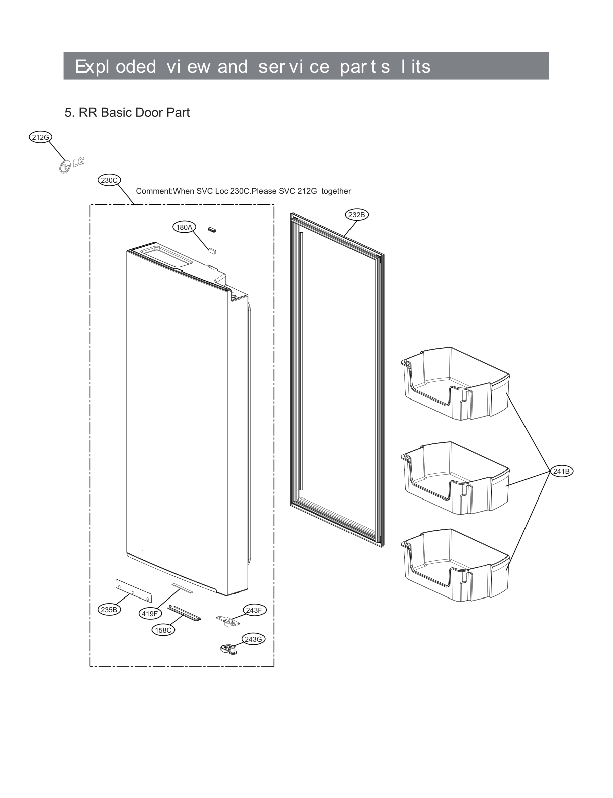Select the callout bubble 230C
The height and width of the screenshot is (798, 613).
click(109, 180)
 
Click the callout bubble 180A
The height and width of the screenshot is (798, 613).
click(184, 227)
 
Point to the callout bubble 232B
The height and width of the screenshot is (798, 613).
click(357, 215)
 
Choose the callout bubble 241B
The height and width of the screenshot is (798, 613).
click(561, 471)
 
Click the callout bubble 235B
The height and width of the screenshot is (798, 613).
click(109, 610)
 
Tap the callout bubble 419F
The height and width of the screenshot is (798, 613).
click(149, 613)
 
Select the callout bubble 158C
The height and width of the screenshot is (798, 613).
click(163, 630)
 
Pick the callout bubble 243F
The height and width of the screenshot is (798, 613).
click(254, 610)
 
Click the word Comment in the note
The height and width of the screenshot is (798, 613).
click(154, 191)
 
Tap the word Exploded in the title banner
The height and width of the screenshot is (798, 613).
click(115, 67)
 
